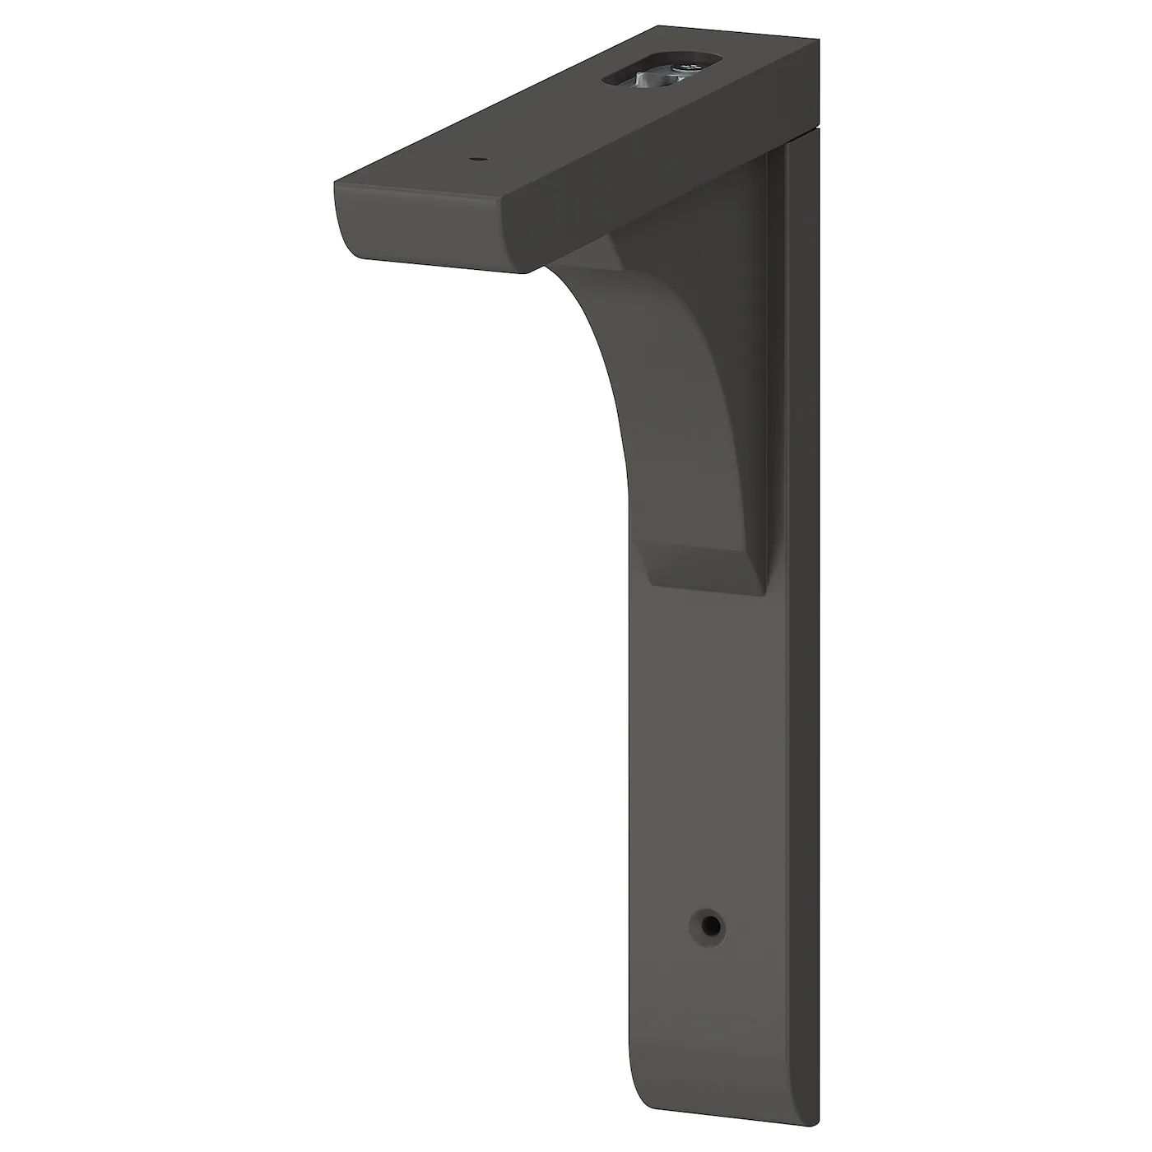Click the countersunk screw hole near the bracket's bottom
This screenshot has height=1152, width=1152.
(708, 927)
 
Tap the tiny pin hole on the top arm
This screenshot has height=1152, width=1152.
(476, 158)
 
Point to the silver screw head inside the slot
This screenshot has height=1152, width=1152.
(682, 67)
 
